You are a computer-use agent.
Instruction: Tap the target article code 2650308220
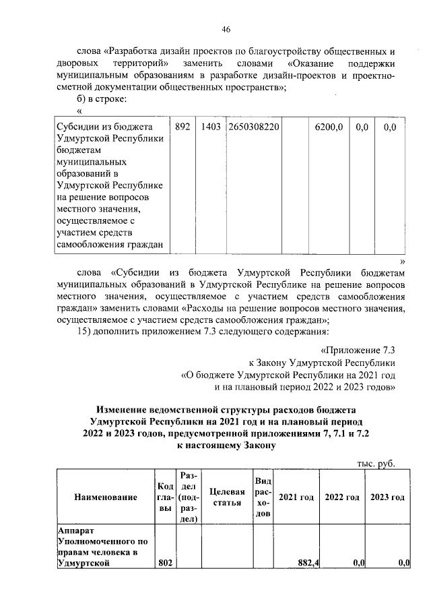(x=254, y=127)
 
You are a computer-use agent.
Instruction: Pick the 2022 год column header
(x=342, y=497)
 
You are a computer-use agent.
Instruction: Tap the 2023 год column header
(x=388, y=497)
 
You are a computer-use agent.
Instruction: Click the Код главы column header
(x=165, y=497)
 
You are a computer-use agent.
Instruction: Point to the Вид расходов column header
(x=263, y=497)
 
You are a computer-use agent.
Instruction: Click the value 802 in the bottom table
(x=165, y=563)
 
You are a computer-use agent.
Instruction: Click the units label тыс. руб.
(x=375, y=463)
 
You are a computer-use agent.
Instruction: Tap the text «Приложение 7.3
(x=357, y=350)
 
